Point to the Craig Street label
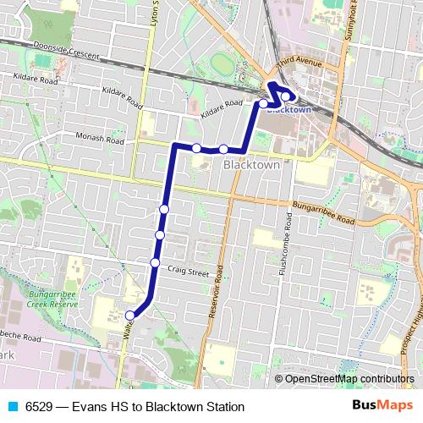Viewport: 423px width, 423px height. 188,272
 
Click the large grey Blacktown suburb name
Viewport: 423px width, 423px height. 250,166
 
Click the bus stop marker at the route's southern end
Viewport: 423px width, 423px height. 130,316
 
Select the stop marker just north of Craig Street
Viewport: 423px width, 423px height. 155,262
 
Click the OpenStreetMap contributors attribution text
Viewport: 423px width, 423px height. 349,379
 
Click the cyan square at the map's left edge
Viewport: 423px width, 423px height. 3,40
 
